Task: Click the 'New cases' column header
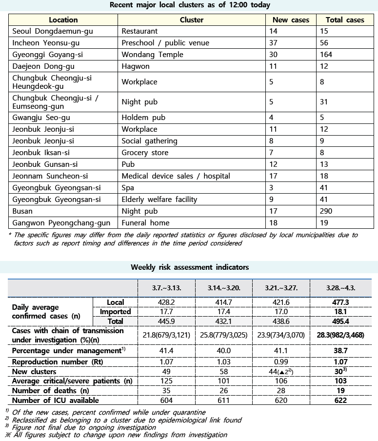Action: click(291, 20)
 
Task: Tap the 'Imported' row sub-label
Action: click(115, 312)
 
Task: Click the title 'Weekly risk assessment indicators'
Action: click(189, 267)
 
